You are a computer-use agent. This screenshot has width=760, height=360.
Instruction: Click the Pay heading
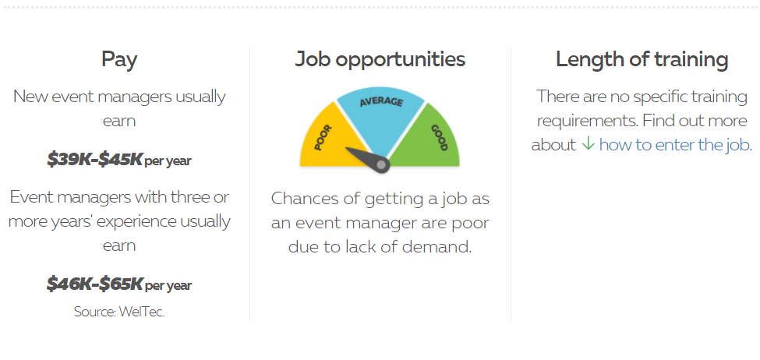coord(119,60)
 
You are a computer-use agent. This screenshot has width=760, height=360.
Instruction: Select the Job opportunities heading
coord(380,59)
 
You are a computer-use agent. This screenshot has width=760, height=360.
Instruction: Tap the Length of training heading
coord(642,59)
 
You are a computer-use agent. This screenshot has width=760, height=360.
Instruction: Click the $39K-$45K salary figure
coord(94,159)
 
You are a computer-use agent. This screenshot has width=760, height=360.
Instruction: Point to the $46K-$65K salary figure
coord(94,284)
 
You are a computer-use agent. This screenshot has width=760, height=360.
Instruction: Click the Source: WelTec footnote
coord(119,312)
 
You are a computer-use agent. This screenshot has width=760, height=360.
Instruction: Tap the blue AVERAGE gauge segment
coord(381,116)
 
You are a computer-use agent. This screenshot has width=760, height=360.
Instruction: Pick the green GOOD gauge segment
coord(429,139)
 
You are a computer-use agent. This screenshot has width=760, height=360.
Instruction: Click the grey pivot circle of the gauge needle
coord(381,165)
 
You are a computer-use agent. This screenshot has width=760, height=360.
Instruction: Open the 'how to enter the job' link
coord(676,144)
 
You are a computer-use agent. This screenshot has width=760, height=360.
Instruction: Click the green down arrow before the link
coord(588,143)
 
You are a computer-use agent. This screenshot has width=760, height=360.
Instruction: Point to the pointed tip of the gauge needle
coord(346,149)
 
